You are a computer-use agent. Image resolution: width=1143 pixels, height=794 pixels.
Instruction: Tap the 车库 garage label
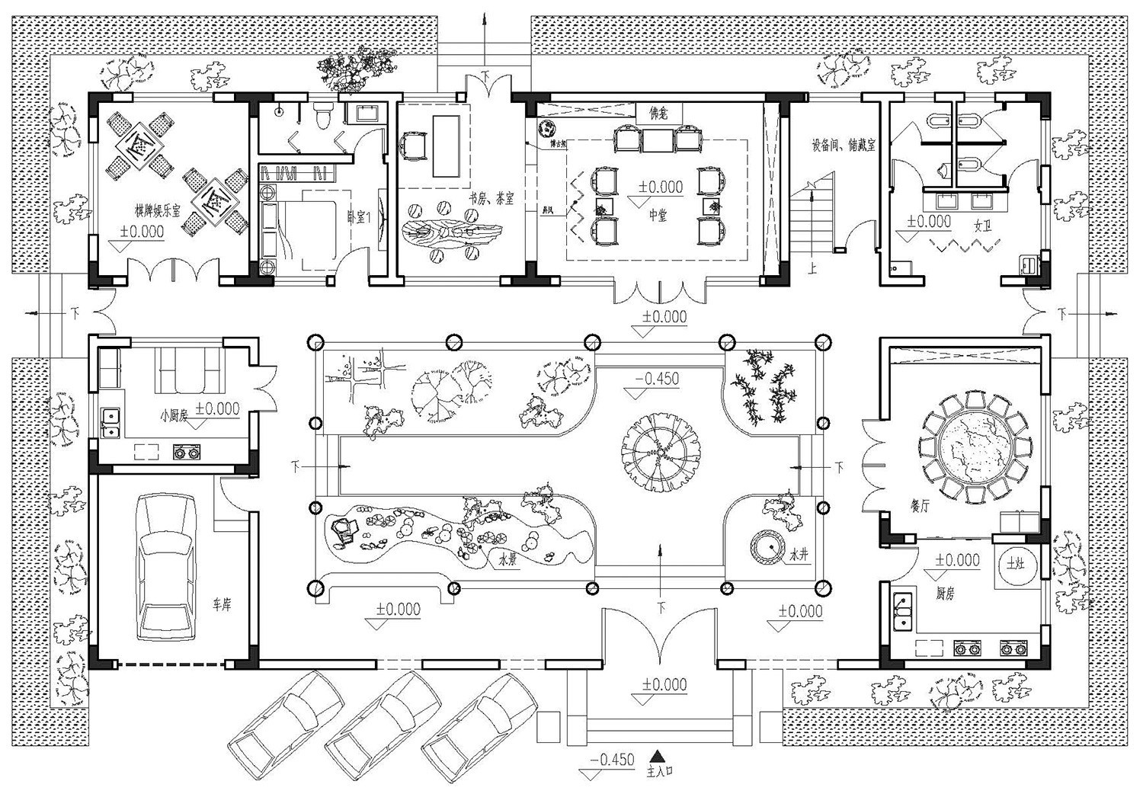click(x=222, y=605)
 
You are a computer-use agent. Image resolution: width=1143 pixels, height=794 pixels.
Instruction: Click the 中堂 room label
click(x=658, y=216)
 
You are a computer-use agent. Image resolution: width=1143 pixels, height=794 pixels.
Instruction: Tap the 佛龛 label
click(x=658, y=114)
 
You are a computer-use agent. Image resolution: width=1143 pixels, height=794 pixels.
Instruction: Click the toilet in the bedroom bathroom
click(x=322, y=116)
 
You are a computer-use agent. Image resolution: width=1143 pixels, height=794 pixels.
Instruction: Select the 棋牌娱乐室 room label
click(x=152, y=210)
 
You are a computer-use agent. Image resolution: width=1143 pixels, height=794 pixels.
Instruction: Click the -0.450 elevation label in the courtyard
click(x=657, y=379)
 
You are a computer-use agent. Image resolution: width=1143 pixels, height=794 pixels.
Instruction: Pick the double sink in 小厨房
click(x=110, y=424)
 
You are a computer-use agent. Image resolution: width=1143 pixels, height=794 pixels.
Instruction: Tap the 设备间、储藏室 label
click(x=844, y=144)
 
